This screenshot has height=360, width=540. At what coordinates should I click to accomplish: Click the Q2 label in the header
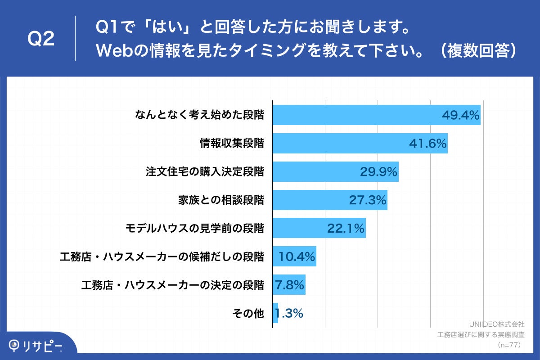41,39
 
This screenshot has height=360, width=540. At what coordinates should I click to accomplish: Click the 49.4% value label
461,115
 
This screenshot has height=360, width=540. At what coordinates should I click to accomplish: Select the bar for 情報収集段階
360,144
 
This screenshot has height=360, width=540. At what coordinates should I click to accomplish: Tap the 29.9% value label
378,172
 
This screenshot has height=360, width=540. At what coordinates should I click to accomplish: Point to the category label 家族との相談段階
221,200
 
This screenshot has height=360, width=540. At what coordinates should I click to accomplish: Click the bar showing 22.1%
319,229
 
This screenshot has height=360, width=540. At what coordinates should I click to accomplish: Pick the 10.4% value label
296,257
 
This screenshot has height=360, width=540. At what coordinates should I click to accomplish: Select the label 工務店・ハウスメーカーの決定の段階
172,285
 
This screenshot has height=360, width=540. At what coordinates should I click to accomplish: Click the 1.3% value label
289,313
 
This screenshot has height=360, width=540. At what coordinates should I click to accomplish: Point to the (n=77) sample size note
509,345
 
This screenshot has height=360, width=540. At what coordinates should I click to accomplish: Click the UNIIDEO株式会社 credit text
496,324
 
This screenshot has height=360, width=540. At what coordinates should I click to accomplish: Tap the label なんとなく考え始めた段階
199,115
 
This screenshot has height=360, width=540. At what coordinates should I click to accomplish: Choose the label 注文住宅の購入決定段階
205,172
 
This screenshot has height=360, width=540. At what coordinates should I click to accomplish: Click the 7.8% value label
289,285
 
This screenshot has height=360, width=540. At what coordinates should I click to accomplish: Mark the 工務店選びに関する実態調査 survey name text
481,334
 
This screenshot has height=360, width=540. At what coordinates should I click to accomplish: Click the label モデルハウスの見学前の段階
194,229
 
